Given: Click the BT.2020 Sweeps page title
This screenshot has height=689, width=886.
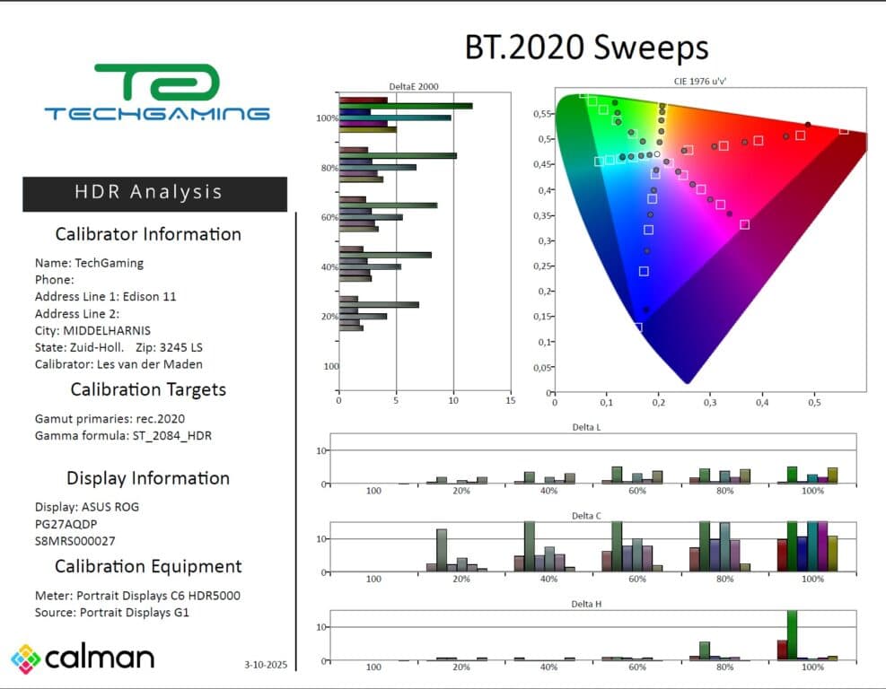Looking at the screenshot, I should [x=586, y=48].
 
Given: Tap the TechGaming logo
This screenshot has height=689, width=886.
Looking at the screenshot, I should [x=157, y=92].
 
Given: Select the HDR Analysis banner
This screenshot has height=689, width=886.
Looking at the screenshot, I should [x=154, y=193].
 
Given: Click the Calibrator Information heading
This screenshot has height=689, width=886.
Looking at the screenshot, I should [x=148, y=234].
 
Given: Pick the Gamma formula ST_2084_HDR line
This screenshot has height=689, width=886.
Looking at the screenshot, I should [x=124, y=436].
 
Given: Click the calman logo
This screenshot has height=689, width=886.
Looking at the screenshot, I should [x=83, y=658].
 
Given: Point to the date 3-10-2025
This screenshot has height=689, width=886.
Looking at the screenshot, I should [x=265, y=665].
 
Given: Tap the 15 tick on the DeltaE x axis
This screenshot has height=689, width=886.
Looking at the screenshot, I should [x=510, y=401].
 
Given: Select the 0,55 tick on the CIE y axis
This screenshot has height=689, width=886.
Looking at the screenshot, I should [x=541, y=114].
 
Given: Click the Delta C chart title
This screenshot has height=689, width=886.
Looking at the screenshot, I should [x=586, y=517].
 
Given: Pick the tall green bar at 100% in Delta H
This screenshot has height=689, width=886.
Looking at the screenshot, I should [x=792, y=635].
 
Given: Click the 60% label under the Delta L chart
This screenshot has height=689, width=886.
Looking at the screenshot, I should [x=636, y=492].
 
